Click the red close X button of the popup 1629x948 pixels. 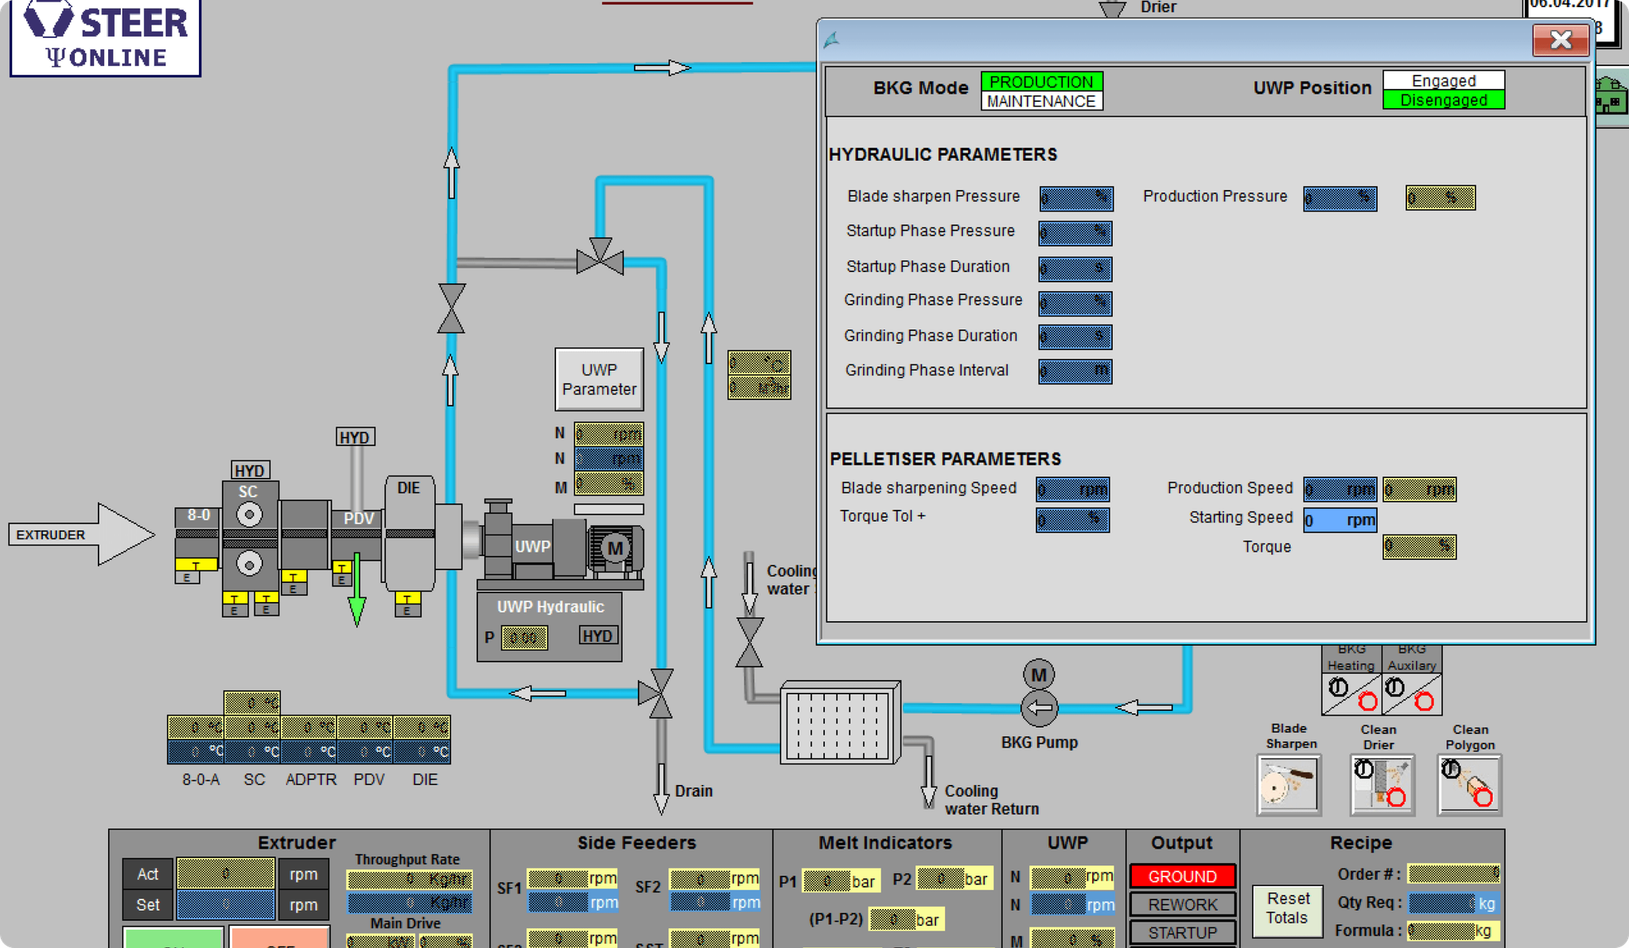1560,40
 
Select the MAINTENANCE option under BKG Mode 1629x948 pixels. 1041,102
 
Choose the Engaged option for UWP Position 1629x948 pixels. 1443,80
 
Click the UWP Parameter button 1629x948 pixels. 599,379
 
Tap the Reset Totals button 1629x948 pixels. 1287,907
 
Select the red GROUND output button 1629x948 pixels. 1182,876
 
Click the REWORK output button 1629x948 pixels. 1182,904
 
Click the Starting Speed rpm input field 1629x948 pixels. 1339,520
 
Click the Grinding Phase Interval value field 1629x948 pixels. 1075,371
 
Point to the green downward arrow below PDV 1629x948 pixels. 357,592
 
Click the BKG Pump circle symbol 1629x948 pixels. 1039,707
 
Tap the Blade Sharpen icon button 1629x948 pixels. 1289,785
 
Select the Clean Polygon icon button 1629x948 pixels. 1469,785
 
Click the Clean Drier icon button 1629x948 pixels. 1382,785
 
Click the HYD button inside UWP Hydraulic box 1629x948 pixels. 597,635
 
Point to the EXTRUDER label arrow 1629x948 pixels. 80,534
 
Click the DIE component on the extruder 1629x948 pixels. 409,533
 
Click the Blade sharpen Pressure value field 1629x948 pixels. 1075,198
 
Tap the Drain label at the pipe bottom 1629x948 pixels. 694,791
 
